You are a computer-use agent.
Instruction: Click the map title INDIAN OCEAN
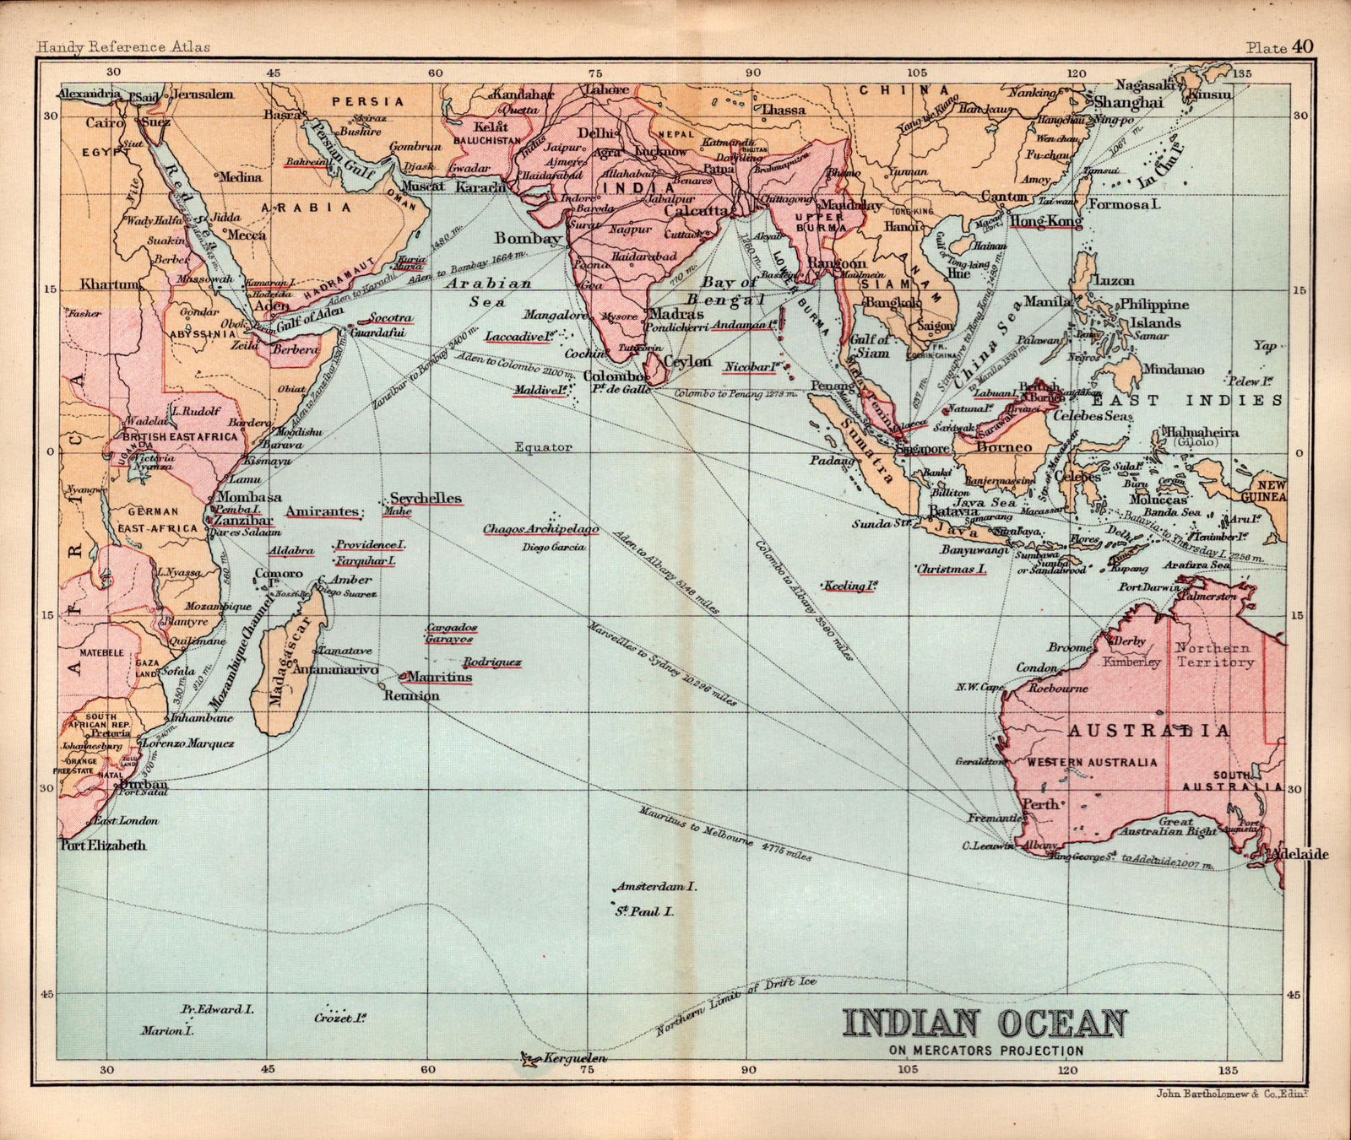pos(985,1023)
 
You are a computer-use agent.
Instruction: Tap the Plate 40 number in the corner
pos(1279,46)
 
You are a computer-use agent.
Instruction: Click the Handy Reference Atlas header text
pos(123,47)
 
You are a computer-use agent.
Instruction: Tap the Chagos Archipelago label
pos(540,529)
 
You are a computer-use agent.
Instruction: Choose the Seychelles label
pos(426,498)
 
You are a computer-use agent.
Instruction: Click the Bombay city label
pos(528,238)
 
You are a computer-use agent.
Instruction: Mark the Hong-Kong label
pos(1046,221)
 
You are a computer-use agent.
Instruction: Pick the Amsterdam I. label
pos(655,887)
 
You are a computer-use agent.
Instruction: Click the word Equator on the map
pos(544,446)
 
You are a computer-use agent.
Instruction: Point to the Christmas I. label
pos(952,569)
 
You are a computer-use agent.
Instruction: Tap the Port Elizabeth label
pos(103,845)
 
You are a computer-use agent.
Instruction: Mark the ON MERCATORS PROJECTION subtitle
pos(985,1051)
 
